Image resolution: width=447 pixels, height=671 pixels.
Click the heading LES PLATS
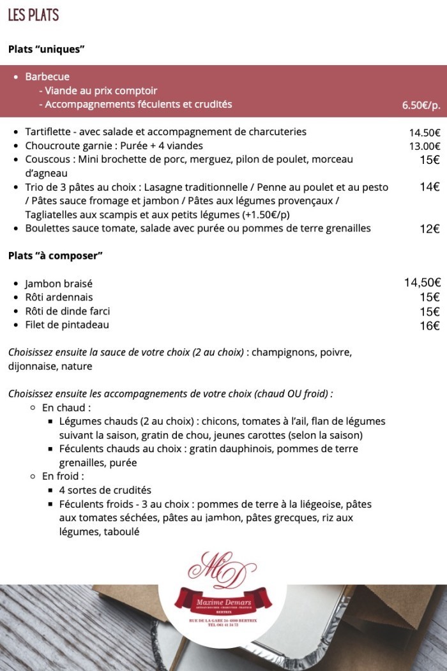click(x=34, y=15)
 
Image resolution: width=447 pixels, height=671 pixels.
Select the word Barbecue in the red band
click(x=47, y=77)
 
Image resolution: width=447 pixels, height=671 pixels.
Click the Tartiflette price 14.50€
click(x=425, y=133)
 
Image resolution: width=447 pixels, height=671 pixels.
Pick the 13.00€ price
click(x=425, y=146)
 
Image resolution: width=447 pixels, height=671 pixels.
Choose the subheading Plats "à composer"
click(x=56, y=256)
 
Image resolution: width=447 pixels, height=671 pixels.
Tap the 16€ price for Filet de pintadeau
click(x=429, y=326)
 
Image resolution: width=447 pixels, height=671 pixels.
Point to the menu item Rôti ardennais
click(x=59, y=297)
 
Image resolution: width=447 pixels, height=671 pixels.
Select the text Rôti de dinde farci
click(x=67, y=311)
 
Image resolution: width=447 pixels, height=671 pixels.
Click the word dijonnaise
click(x=32, y=366)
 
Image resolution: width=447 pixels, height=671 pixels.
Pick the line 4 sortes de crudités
click(x=105, y=490)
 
